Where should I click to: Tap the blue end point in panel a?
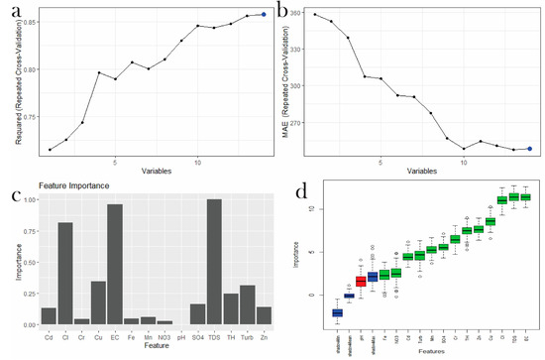[264, 15]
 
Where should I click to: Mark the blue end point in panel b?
[529, 149]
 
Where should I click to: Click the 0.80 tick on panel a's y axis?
[29, 69]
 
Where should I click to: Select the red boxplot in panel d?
[361, 281]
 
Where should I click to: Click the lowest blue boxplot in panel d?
[336, 312]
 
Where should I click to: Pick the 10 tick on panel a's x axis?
[198, 162]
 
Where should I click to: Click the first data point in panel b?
[314, 14]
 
